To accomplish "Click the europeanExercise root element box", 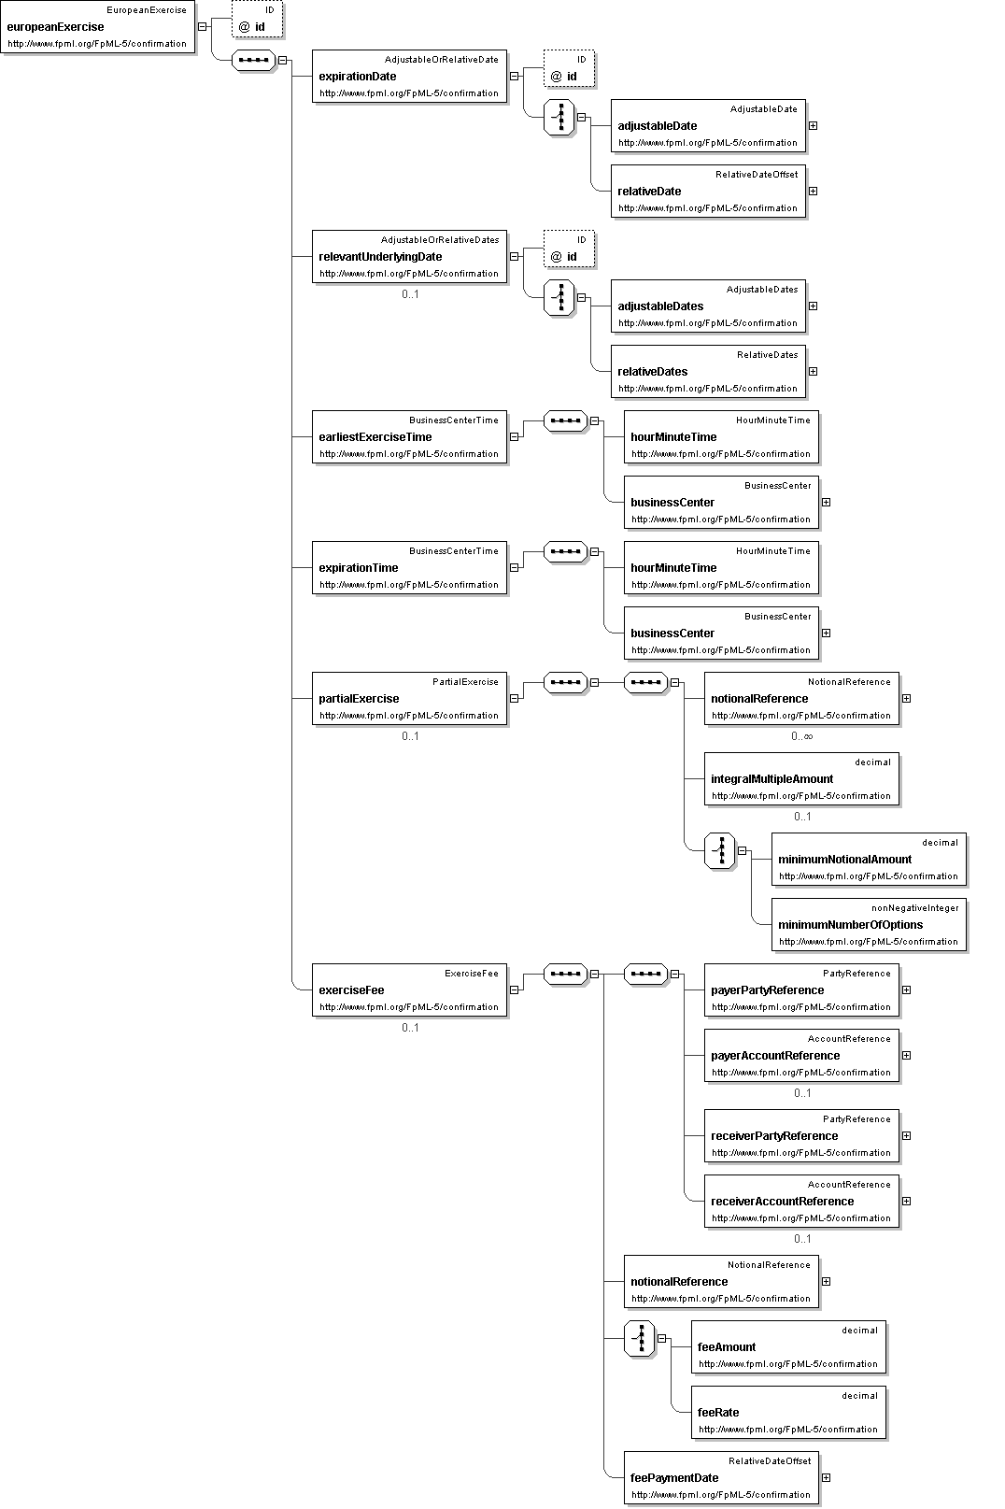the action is coord(98,27).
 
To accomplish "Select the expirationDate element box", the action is coord(409,76).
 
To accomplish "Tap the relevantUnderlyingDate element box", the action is coord(409,257).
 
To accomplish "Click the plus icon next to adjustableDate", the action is coord(813,125).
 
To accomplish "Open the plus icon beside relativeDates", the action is coord(813,371).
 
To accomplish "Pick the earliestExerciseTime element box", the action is coord(409,437).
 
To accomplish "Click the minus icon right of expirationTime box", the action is coord(514,568).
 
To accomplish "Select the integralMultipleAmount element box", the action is coord(801,778).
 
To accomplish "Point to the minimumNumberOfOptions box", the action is coord(869,925).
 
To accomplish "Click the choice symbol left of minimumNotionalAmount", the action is coord(720,851).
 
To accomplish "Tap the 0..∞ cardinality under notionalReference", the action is coord(802,736).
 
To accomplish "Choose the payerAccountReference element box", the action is coord(801,1056).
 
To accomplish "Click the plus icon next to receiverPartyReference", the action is coord(907,1136).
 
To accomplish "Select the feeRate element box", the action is coord(788,1413).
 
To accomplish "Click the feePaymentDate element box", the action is coord(721,1478).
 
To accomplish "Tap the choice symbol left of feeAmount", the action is coord(640,1339).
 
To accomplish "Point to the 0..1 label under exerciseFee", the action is coord(410,1028).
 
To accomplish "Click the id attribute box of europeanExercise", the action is coord(257,19).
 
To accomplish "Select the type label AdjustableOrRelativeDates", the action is coord(440,240).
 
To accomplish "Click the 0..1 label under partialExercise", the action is coord(410,736).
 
